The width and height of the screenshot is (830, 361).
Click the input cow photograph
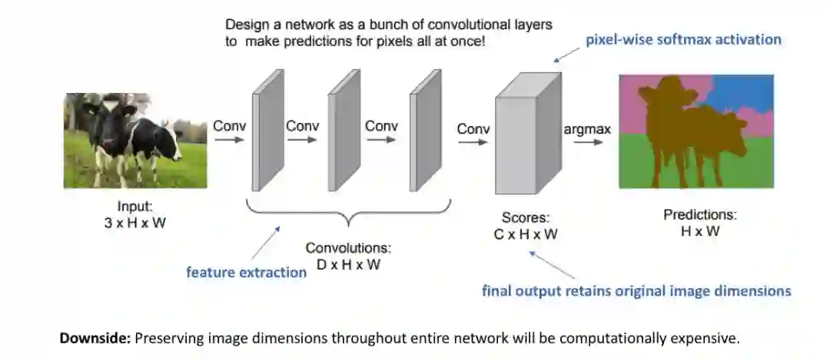tap(135, 141)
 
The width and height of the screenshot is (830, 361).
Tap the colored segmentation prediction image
tap(696, 131)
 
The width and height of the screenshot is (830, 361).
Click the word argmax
tap(587, 129)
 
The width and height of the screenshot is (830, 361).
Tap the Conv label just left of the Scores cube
tap(473, 129)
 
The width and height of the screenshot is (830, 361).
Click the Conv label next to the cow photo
tap(230, 126)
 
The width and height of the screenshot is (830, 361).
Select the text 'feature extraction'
tap(247, 272)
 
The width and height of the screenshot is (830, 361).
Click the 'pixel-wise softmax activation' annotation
tap(683, 39)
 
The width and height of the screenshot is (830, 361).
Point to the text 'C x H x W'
tap(526, 234)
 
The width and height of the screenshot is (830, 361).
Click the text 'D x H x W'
tap(348, 264)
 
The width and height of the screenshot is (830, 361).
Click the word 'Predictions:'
tap(700, 214)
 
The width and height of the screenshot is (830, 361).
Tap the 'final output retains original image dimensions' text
tap(636, 291)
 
